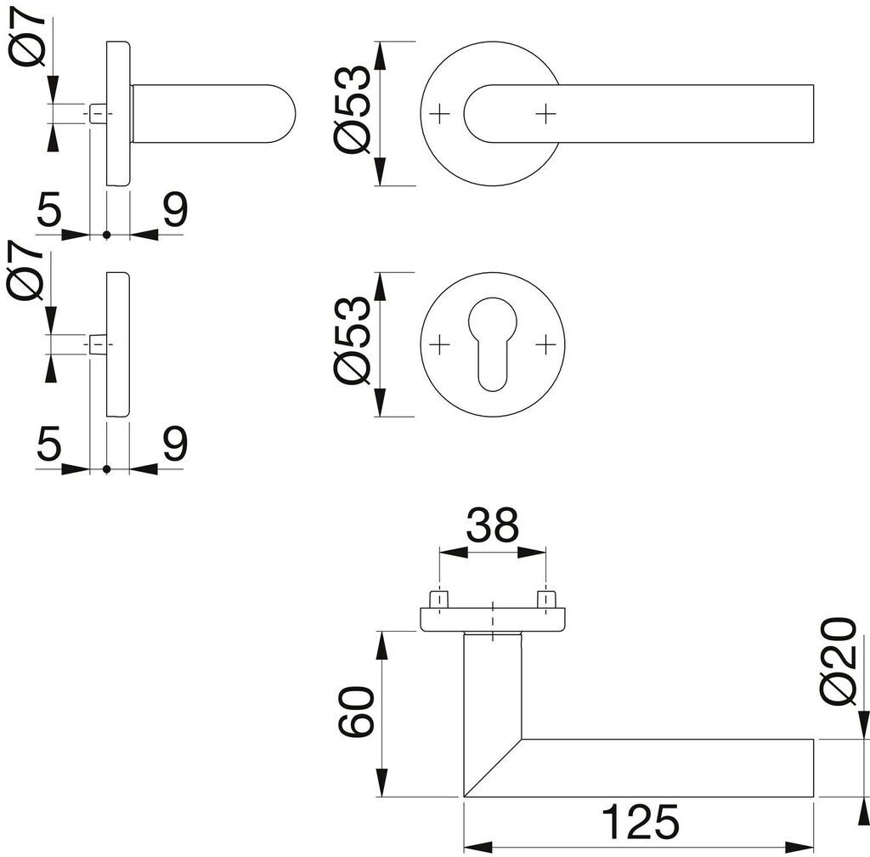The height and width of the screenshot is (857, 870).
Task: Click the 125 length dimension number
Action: [x=641, y=821]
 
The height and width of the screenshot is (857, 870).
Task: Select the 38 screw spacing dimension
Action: [x=492, y=525]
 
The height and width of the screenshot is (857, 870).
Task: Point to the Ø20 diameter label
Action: [x=837, y=661]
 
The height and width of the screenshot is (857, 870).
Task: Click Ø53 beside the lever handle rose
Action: [x=351, y=109]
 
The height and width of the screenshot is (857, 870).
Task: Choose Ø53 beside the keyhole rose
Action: [x=351, y=340]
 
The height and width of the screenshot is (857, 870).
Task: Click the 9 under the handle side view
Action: [x=175, y=209]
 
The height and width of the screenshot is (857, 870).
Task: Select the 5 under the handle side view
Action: [x=48, y=209]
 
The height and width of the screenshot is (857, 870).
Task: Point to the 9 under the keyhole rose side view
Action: [x=175, y=443]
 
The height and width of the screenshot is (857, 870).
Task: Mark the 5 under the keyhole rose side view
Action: [x=48, y=443]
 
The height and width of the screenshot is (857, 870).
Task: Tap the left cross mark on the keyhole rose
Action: [x=439, y=344]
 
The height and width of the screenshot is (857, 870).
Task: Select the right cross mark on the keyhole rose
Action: [x=546, y=344]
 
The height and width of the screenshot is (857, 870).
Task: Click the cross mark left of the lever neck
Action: [x=439, y=114]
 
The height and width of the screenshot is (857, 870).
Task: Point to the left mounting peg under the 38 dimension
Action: [x=439, y=599]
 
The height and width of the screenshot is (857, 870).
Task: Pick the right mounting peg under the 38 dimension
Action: [x=546, y=599]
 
